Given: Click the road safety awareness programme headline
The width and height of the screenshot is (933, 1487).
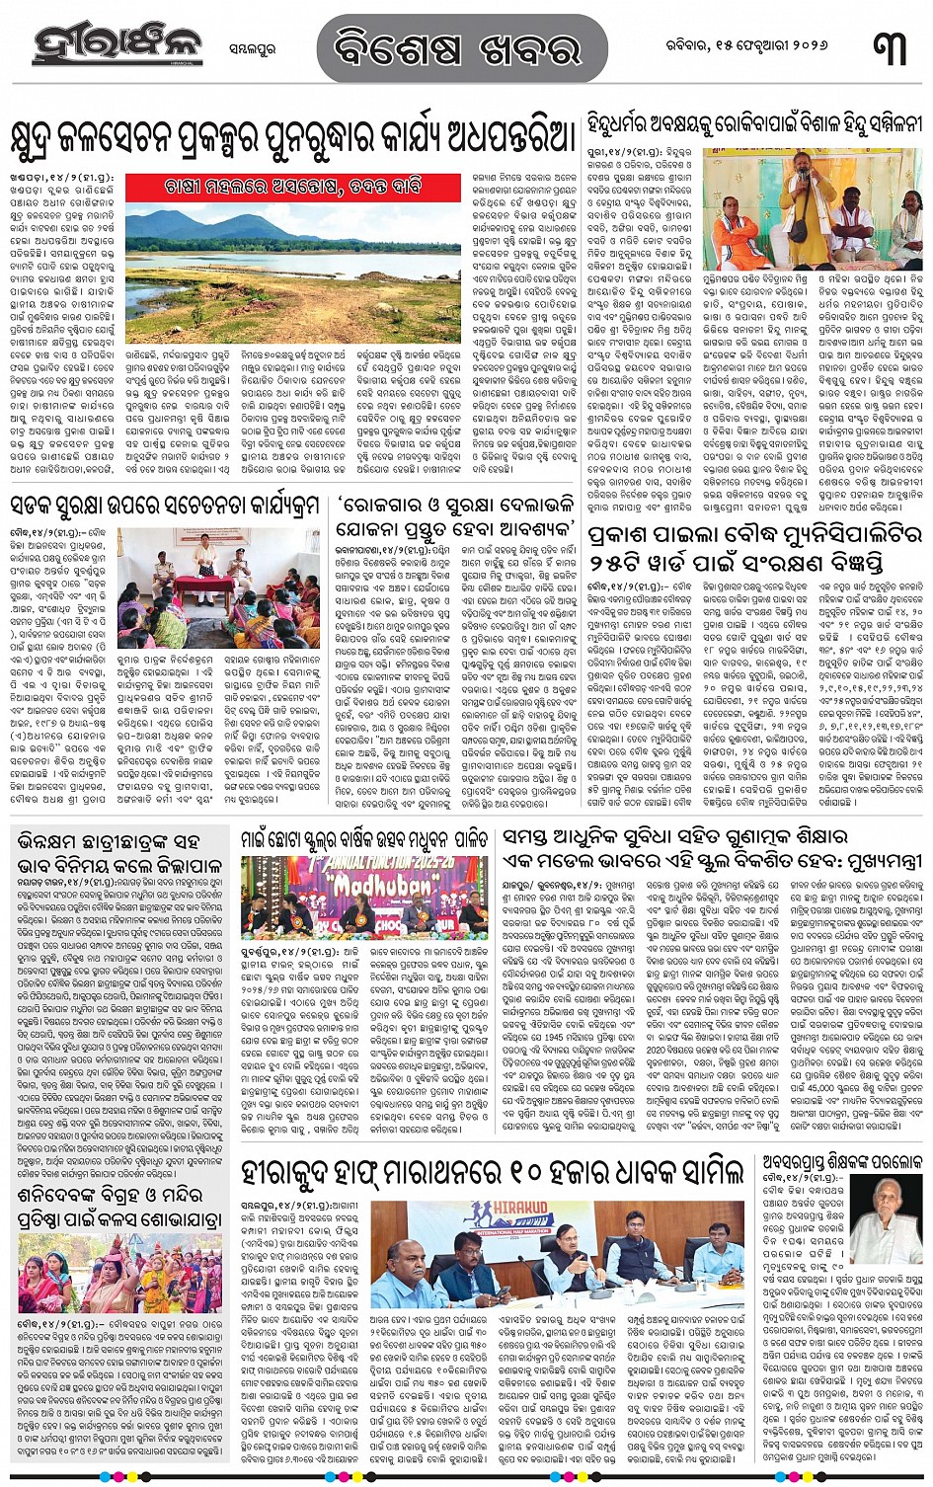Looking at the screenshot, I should coord(165,508).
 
